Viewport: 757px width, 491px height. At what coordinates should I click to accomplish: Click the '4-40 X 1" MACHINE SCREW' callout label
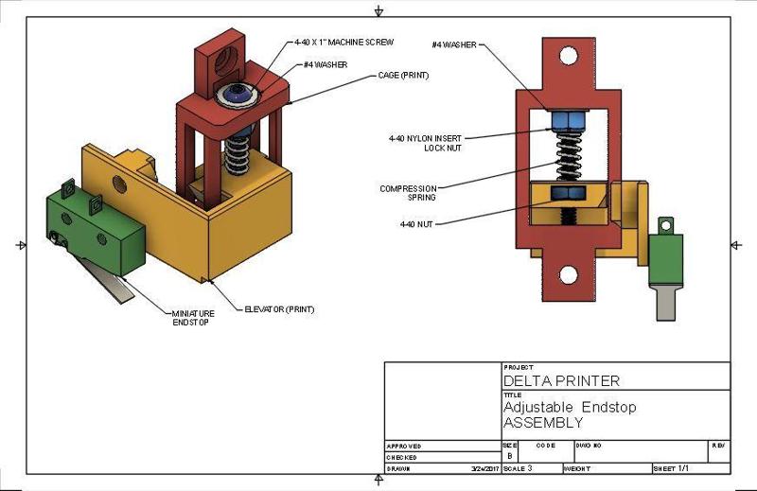[x=343, y=42]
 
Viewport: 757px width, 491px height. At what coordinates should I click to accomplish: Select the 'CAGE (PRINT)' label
[x=402, y=75]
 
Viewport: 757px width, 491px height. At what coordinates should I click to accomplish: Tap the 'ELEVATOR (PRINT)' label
[x=279, y=309]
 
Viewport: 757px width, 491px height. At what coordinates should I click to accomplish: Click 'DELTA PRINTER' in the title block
[x=561, y=381]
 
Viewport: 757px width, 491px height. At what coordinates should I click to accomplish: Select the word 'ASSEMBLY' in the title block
[x=543, y=422]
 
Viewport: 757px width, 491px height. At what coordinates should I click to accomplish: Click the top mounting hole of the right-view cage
[x=568, y=56]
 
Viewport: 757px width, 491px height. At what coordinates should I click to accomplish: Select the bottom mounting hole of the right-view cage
[x=568, y=275]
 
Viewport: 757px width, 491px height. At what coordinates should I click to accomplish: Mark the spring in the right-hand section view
[x=568, y=156]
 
